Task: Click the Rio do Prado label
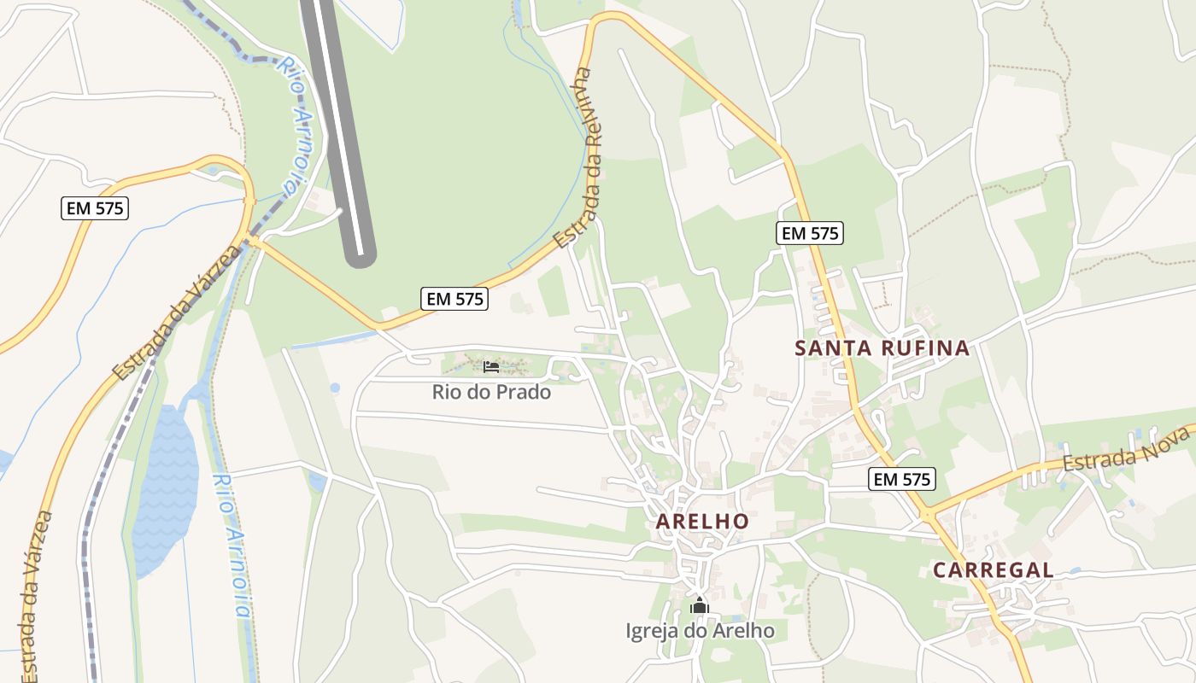pos(491,393)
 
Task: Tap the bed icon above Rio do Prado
pos(491,367)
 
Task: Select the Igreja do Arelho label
pos(700,631)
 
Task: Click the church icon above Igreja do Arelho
pos(700,606)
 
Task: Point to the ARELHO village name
pos(702,521)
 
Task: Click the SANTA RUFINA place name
pos(882,348)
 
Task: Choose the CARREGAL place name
pos(992,570)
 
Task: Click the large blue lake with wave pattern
pos(165,487)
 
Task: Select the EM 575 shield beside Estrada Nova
pos(902,480)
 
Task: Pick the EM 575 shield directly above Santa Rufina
pos(810,232)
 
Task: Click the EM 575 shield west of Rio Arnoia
pos(95,207)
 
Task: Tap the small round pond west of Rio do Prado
pos(334,388)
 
